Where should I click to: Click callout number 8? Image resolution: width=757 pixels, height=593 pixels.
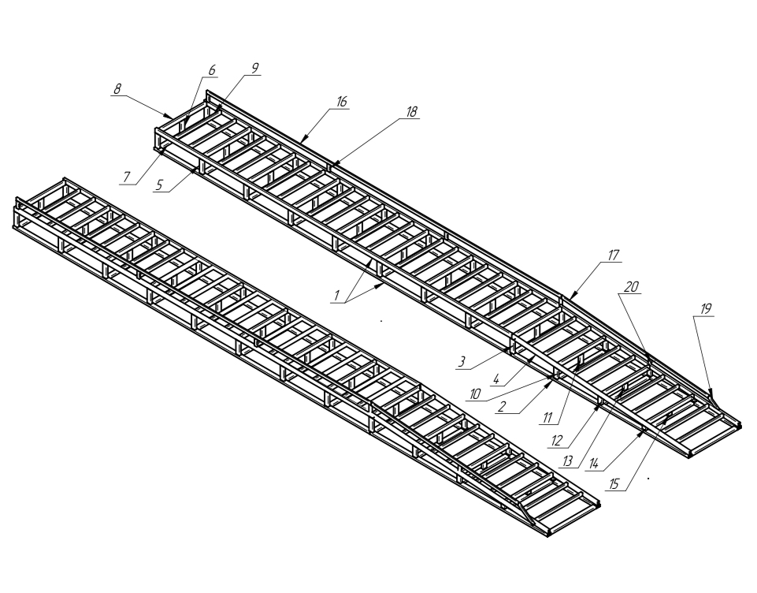[x=117, y=89]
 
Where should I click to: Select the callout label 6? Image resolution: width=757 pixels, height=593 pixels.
[x=212, y=70]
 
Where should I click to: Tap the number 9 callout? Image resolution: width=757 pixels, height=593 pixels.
[x=255, y=68]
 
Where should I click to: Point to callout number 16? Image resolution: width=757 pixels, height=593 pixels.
[x=341, y=102]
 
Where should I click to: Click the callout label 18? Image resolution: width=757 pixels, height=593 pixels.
[x=411, y=112]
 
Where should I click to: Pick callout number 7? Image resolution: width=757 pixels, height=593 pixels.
[x=127, y=177]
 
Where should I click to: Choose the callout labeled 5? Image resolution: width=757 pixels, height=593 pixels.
[x=160, y=185]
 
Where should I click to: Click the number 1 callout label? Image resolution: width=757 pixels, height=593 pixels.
[x=337, y=295]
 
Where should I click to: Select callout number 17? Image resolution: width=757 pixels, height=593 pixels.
[x=613, y=255]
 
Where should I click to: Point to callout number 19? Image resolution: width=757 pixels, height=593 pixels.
[x=706, y=309]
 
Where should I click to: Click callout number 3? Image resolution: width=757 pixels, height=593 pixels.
[x=462, y=361]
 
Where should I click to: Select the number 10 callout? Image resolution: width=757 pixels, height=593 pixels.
[x=475, y=394]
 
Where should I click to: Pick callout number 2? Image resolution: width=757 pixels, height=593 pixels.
[x=502, y=407]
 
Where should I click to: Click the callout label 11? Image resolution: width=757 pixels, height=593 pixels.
[x=547, y=418]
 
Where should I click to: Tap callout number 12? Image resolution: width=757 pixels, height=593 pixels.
[x=557, y=441]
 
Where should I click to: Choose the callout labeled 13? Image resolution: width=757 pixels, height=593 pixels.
[x=567, y=461]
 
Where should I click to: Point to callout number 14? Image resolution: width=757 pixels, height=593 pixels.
[x=593, y=464]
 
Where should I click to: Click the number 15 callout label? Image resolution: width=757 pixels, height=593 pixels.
[x=614, y=484]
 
